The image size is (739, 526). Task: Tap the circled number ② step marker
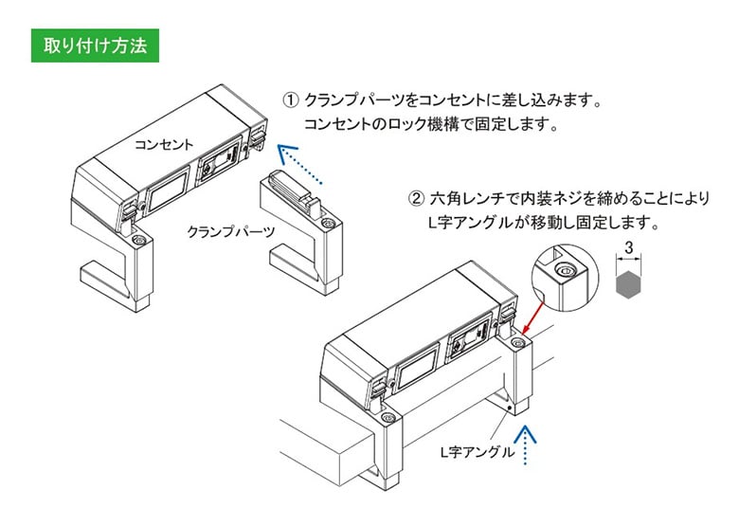[415, 200]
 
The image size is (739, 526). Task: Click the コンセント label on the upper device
[164, 145]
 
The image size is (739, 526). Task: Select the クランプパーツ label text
[231, 231]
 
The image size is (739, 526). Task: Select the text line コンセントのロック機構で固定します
[431, 125]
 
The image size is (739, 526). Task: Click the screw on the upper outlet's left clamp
[138, 243]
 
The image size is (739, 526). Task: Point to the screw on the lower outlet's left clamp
[385, 418]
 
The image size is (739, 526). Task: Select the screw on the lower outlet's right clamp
[517, 337]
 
